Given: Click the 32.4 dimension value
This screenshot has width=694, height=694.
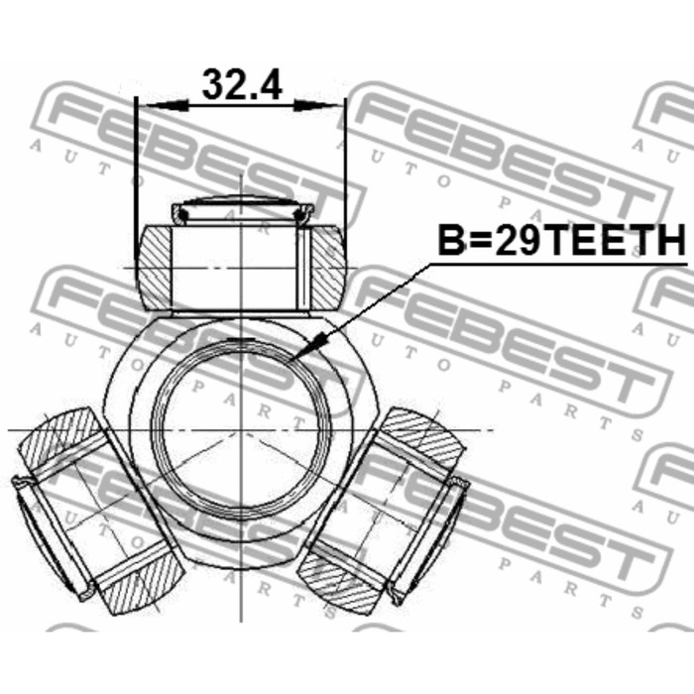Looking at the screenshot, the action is tap(242, 84).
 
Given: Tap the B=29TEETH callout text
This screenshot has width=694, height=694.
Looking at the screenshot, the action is tap(561, 240).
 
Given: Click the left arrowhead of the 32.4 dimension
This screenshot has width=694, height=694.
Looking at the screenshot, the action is tap(164, 105).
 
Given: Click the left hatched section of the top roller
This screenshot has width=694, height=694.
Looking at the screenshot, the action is tap(155, 267).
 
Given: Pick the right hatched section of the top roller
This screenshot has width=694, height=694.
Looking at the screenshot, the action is tap(328, 267).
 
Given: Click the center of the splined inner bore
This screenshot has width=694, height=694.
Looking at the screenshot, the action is tap(241, 429).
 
